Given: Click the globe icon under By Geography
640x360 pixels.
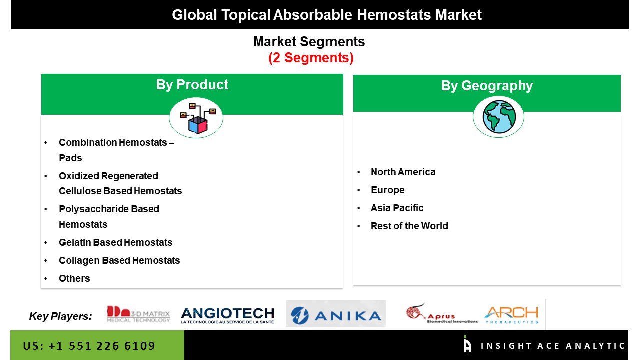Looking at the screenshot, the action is click(x=499, y=117).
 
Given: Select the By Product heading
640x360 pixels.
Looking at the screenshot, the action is click(x=192, y=85).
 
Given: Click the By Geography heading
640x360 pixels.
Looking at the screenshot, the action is click(x=487, y=85).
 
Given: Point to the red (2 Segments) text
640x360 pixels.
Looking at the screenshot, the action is click(x=311, y=58).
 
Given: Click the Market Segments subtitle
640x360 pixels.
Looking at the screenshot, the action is click(x=309, y=41).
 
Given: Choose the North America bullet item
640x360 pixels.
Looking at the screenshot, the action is click(x=403, y=172).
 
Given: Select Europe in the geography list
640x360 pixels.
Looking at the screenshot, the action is click(x=387, y=190).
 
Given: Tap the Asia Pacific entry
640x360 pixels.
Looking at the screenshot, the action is click(x=397, y=208).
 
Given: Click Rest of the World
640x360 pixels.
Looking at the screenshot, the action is click(x=409, y=226).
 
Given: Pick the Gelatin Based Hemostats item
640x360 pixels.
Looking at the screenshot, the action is click(x=115, y=242).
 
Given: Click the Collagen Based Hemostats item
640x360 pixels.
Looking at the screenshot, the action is click(x=119, y=260).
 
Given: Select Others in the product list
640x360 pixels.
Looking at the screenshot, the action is click(x=74, y=278).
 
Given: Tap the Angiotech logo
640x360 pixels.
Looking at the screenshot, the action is click(x=227, y=315).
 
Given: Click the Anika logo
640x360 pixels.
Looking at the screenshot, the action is click(x=336, y=313).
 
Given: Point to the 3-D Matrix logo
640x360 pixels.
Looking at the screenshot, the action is click(x=138, y=314).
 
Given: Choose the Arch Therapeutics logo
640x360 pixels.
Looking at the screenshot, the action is click(x=511, y=315).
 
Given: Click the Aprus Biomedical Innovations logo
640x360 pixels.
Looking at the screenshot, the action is click(x=441, y=313).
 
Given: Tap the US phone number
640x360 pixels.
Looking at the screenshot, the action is click(x=89, y=346).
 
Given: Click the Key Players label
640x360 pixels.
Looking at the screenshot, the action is click(x=60, y=316).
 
